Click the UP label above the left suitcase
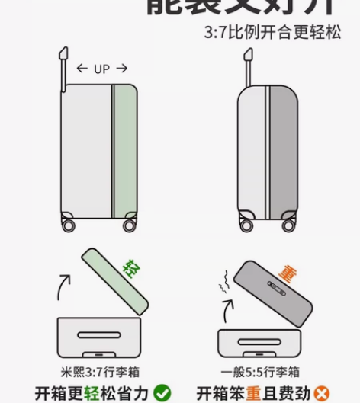pos(101,69)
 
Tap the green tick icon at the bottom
pos(162,393)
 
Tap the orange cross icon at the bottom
pos(323,393)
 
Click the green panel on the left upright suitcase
pos(124,149)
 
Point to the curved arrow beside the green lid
pos(66,290)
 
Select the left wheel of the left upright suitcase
pos(68,224)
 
